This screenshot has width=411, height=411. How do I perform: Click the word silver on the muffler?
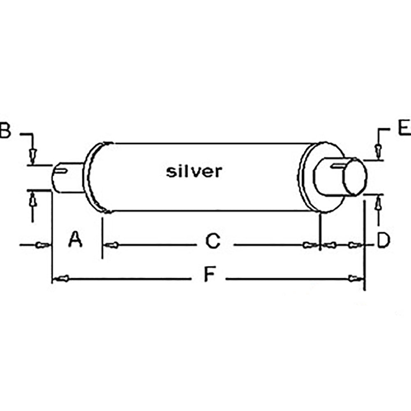pos(194,171)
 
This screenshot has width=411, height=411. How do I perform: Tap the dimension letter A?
pos(75,240)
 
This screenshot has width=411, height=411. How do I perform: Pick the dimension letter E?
pos(404,128)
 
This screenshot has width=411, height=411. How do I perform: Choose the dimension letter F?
pos(210,275)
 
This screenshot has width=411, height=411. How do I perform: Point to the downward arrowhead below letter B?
pos(33,155)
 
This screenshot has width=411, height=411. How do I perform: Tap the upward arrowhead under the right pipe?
pos(378,203)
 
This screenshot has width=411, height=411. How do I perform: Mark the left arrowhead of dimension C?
pos(111,245)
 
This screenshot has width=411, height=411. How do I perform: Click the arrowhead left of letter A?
pos(41,245)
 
